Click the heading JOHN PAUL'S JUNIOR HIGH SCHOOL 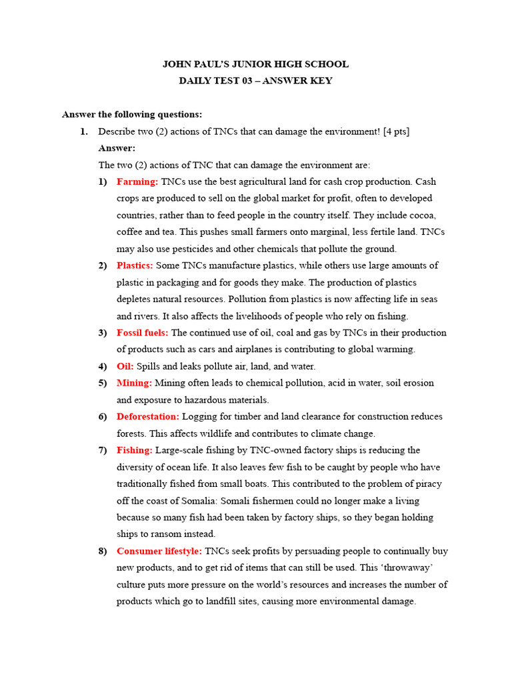coord(255,64)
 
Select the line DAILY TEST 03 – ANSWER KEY coord(255,81)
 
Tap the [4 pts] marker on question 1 coord(396,131)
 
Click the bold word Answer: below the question coord(117,148)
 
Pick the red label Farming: coord(137,181)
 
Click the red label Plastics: coord(135,265)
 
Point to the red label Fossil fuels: coord(142,333)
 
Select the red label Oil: coord(125,366)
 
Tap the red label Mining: coord(134,383)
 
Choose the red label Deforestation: coord(148,416)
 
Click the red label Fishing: coord(135,450)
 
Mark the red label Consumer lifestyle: coord(159,551)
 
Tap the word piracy coord(428,484)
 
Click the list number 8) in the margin coord(103,551)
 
